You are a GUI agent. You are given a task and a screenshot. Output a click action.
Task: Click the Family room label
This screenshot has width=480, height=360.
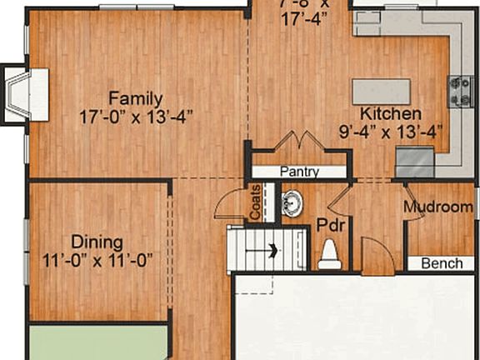[135, 97]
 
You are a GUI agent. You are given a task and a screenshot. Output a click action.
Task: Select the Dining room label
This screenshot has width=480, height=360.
[97, 242]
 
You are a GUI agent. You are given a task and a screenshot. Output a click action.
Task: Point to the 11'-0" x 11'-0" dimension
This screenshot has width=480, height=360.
[97, 260]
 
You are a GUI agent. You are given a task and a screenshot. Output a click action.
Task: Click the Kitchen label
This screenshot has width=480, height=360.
[390, 113]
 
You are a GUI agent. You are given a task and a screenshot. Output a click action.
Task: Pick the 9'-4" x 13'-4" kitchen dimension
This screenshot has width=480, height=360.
[390, 130]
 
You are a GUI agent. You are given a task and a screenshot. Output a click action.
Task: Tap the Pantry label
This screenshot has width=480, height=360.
[299, 172]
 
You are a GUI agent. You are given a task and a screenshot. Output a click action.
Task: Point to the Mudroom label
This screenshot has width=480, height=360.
[438, 207]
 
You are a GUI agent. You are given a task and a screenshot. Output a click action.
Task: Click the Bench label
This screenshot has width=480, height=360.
[442, 264]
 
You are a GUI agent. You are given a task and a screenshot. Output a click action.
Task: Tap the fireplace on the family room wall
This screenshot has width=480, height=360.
[25, 93]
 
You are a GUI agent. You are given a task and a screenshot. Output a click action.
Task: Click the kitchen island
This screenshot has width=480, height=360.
[381, 91]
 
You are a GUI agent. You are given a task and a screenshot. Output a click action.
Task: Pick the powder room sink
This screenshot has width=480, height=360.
[292, 202]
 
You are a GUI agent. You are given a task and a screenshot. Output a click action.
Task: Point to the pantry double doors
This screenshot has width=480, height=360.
[297, 142]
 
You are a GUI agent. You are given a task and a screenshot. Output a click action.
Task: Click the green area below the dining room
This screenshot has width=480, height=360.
[97, 342]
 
